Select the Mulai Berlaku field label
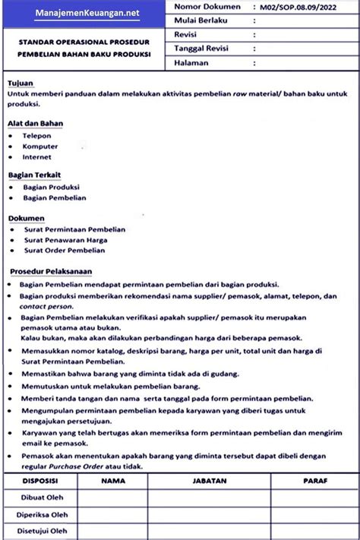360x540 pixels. click(x=201, y=21)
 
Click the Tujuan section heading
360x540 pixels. click(x=21, y=81)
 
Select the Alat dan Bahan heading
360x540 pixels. click(x=35, y=123)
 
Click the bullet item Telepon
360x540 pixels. click(x=36, y=135)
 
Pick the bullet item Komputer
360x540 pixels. click(x=39, y=146)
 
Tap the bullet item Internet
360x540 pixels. click(x=37, y=156)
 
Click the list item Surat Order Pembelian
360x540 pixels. click(x=64, y=250)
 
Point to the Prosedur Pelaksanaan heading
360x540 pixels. click(x=51, y=271)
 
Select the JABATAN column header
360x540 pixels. click(x=210, y=480)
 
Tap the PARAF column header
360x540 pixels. click(x=315, y=480)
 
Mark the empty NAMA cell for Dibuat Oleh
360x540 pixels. click(x=112, y=497)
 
